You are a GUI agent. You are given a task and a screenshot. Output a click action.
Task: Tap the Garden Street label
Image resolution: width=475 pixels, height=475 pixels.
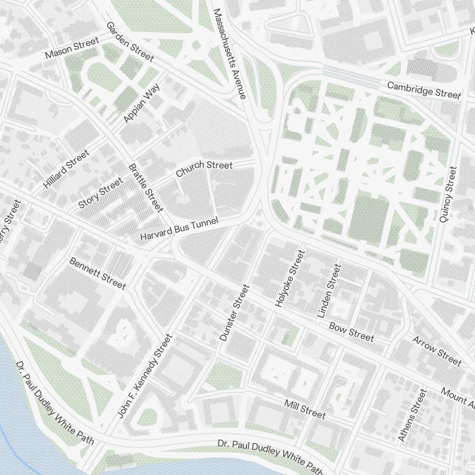[x=130, y=41]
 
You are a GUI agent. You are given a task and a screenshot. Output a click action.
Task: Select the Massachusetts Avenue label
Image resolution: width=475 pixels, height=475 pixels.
[x=229, y=54]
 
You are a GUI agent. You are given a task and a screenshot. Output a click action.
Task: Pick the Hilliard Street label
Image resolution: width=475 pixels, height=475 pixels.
[x=66, y=169]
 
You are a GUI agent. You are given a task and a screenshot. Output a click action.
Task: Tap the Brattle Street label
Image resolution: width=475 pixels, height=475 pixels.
[x=146, y=188]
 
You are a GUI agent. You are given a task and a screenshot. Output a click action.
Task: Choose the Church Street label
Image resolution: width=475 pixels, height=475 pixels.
[x=204, y=168]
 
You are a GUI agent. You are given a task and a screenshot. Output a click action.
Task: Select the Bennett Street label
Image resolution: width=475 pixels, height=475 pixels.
[x=98, y=273]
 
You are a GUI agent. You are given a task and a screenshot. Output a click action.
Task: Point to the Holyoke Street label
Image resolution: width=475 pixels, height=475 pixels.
[x=289, y=278]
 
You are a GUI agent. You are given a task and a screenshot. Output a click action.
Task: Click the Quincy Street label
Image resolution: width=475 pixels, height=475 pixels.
[x=448, y=194]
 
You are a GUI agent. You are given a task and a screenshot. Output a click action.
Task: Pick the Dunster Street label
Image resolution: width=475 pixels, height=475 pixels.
[x=234, y=313]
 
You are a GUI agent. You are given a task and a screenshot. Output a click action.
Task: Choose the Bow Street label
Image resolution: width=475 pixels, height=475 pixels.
[x=351, y=332]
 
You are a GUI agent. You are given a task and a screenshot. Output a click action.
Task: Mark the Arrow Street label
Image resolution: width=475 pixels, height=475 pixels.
[x=437, y=351]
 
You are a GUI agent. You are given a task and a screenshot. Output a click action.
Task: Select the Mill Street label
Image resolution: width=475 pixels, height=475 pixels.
[x=305, y=409]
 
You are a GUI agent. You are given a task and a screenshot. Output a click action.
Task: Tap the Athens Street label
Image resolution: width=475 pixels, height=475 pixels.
[x=409, y=415]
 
